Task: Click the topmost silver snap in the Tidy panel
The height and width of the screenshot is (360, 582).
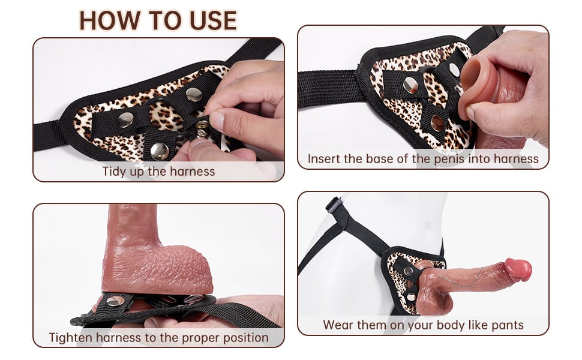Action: click(193, 94)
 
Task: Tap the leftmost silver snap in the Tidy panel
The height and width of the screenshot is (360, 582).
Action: click(125, 121)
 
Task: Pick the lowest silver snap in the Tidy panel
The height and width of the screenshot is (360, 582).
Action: click(159, 151)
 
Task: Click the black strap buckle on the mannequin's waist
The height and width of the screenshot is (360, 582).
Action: click(334, 205)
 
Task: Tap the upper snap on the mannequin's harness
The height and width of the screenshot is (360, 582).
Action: click(408, 271)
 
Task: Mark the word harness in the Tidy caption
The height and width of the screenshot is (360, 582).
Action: click(191, 171)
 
